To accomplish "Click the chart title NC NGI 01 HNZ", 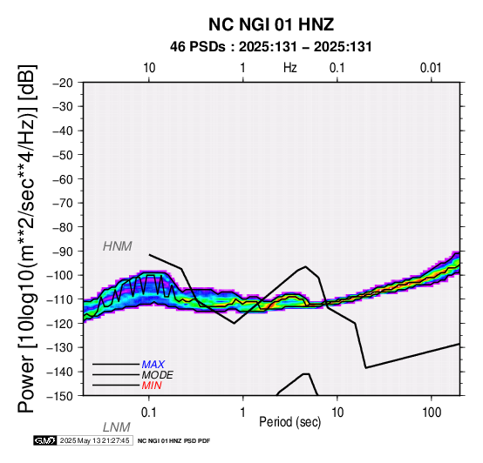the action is click(x=271, y=24).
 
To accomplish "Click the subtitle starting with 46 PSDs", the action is click(x=271, y=47).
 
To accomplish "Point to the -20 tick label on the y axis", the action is click(x=63, y=83).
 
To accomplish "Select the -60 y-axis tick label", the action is click(x=63, y=179).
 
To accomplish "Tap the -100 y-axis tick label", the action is click(x=60, y=275).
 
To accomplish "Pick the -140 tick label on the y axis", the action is click(x=60, y=372).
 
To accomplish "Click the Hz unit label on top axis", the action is click(x=289, y=68).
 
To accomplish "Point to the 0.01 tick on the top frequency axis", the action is click(x=431, y=68).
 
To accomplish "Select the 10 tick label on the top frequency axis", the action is click(x=149, y=68).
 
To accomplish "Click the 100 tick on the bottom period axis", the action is click(x=432, y=413).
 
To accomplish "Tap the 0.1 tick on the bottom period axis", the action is click(x=149, y=413).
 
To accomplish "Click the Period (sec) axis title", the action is click(x=289, y=422).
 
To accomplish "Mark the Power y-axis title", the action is click(x=27, y=238).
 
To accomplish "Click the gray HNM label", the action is click(x=118, y=246).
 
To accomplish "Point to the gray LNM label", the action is click(x=117, y=427).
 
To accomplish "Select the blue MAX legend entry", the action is click(x=153, y=365).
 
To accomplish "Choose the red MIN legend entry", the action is click(x=152, y=386).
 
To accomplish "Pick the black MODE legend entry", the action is click(x=158, y=375).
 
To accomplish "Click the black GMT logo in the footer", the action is click(x=45, y=440).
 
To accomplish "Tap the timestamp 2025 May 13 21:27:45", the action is click(x=95, y=440).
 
